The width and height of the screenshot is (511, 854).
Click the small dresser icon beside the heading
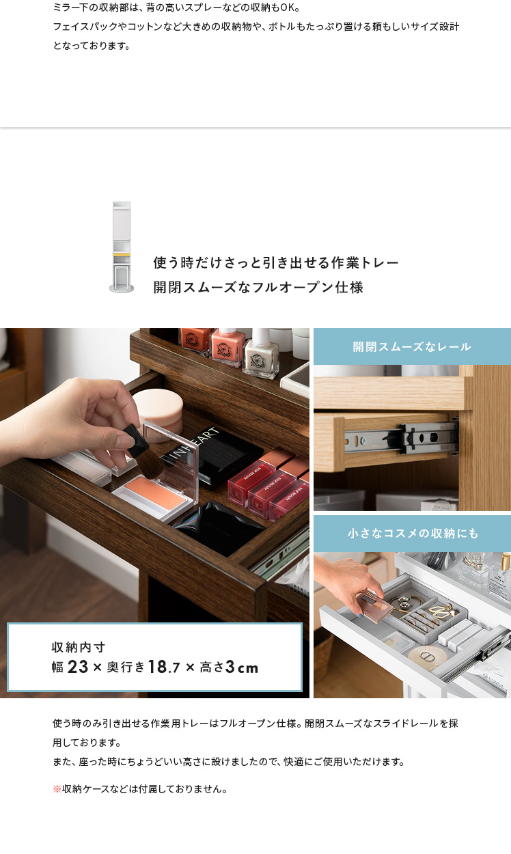pyautogui.click(x=122, y=247)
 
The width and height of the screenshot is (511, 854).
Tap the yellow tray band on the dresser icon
pyautogui.click(x=122, y=254)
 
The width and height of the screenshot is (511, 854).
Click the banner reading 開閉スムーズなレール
pyautogui.click(x=412, y=346)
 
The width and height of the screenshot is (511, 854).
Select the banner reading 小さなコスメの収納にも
pyautogui.click(x=412, y=534)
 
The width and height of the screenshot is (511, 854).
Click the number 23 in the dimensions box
pyautogui.click(x=78, y=667)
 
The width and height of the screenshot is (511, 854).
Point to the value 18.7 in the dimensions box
pyautogui.click(x=163, y=667)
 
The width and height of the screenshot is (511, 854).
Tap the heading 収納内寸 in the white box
pyautogui.click(x=78, y=647)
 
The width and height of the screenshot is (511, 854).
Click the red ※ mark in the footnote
pyautogui.click(x=57, y=789)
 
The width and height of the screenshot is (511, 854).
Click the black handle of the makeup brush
pyautogui.click(x=135, y=441)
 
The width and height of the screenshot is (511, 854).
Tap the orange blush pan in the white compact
pyautogui.click(x=156, y=493)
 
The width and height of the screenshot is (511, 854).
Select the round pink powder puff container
pyautogui.click(x=158, y=411)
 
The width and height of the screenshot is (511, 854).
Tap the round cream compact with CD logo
pyautogui.click(x=427, y=656)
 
